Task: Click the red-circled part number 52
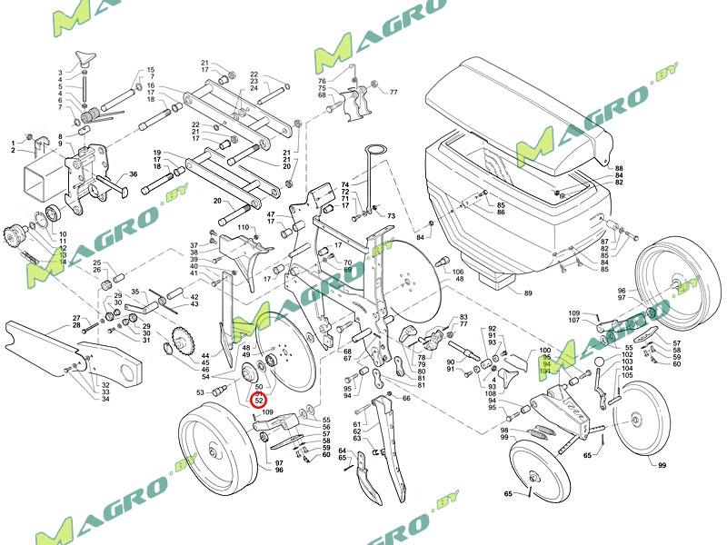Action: tap(259, 400)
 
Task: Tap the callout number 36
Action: tap(133, 174)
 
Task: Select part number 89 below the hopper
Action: tap(528, 292)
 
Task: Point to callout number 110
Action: tap(243, 226)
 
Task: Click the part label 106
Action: tap(458, 272)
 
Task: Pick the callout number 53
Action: tap(201, 392)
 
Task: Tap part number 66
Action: tap(406, 398)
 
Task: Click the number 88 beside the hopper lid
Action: tap(619, 169)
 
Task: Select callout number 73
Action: tap(392, 216)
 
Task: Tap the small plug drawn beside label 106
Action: tap(443, 263)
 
